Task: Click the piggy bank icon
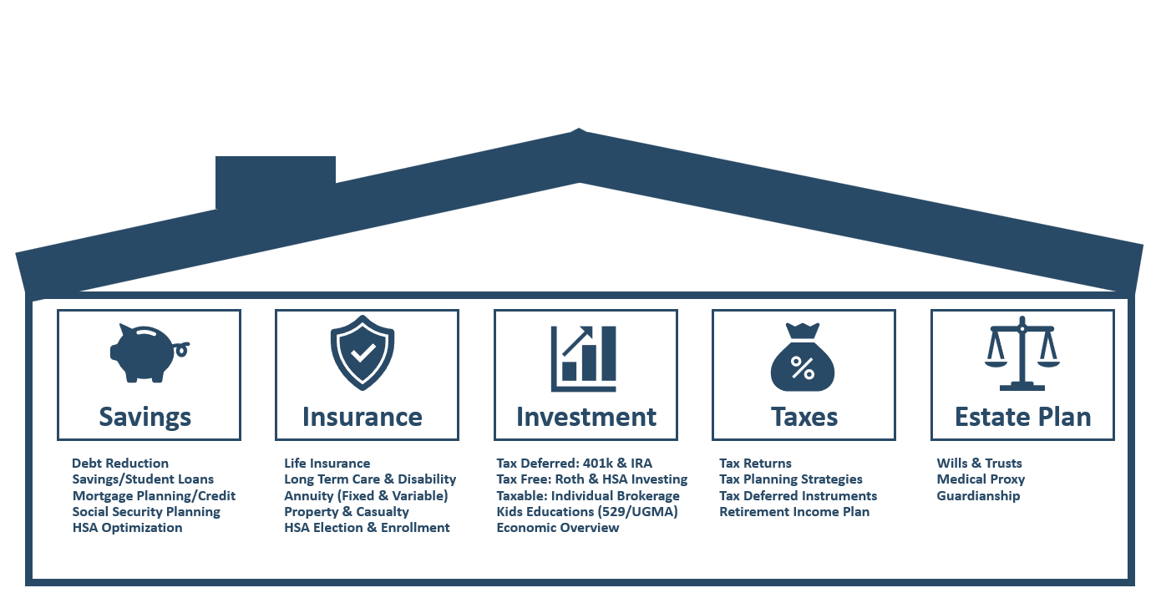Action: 148,354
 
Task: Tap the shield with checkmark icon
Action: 362,353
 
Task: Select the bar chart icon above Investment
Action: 584,358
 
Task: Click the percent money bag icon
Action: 803,357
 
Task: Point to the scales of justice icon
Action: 1022,353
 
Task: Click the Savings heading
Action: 145,418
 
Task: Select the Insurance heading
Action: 362,417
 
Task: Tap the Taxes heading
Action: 804,417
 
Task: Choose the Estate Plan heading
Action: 1022,417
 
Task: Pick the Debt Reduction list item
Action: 120,463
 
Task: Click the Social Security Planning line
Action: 146,512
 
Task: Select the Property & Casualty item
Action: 347,512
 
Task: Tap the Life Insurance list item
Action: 327,463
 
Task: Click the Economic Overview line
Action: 558,528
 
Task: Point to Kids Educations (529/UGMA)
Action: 587,512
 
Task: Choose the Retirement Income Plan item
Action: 794,511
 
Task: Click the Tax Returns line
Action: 756,463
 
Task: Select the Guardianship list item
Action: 979,496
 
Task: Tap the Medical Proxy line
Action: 981,479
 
